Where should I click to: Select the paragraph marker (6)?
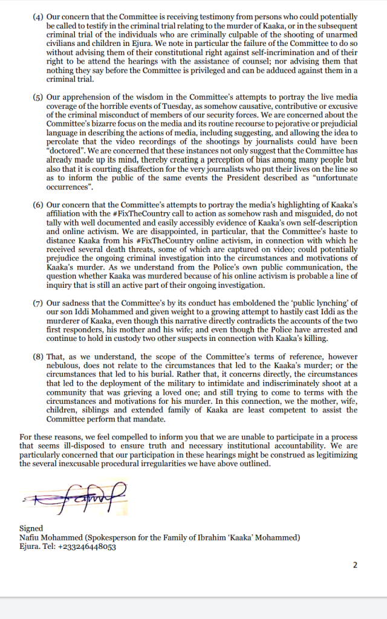coord(37,206)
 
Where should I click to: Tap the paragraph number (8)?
coord(37,357)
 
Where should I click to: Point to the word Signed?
coord(31,528)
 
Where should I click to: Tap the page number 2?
coord(355,565)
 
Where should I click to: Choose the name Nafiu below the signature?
coord(31,537)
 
